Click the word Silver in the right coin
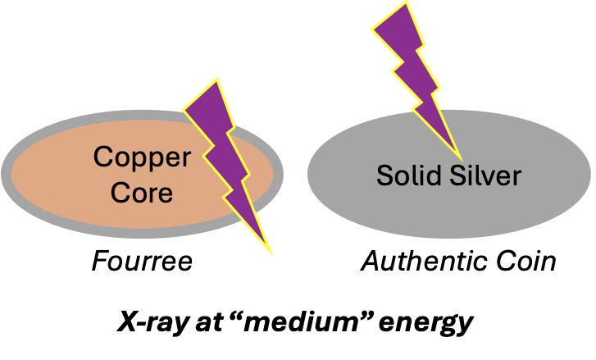coord(486,174)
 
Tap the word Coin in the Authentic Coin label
coord(526,262)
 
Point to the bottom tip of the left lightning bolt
coord(270,252)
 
